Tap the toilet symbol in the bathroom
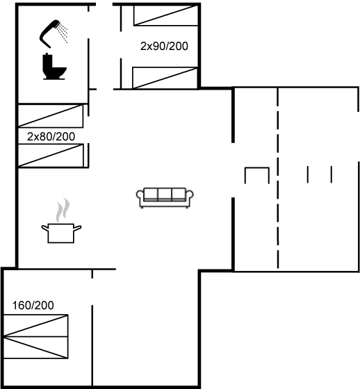tap(54, 67)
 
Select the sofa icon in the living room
tap(165, 198)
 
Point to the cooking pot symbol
tap(61, 233)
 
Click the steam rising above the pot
tap(63, 210)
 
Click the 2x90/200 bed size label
tap(164, 46)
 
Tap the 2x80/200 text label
tap(51, 137)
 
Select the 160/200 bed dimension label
tap(33, 306)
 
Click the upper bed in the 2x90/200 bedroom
tap(165, 15)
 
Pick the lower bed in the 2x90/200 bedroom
tap(165, 78)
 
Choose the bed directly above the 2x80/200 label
tap(51, 116)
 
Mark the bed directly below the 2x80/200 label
tap(51, 156)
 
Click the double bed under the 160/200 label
tap(35, 336)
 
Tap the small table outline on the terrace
tap(257, 168)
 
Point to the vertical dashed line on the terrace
tap(278, 178)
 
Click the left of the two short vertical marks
tap(308, 174)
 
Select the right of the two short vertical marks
tap(332, 174)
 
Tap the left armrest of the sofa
tap(140, 195)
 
